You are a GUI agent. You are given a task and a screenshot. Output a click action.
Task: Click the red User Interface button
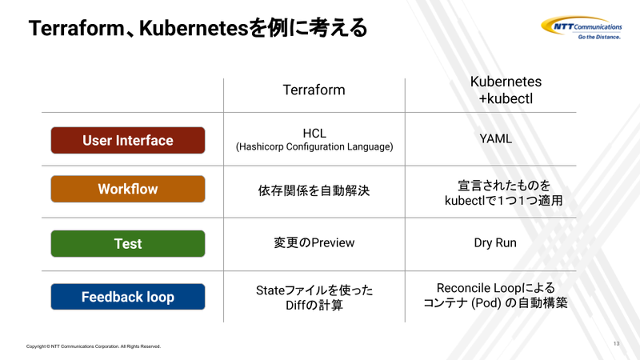[128, 141]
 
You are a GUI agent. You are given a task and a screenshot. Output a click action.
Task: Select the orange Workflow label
[128, 189]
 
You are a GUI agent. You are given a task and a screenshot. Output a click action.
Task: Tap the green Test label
[128, 244]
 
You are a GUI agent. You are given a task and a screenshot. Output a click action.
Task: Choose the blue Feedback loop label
[128, 297]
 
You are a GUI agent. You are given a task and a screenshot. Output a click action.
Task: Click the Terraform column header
[314, 90]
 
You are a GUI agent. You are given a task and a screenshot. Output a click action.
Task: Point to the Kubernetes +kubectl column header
[506, 90]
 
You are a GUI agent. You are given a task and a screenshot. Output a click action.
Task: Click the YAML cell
[495, 138]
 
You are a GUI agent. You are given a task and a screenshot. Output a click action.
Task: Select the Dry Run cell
[495, 243]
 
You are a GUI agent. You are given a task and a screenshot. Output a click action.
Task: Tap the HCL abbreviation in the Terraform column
[314, 134]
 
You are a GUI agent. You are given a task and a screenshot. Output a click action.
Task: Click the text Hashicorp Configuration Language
[314, 147]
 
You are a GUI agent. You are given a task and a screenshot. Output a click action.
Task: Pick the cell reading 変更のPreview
[314, 243]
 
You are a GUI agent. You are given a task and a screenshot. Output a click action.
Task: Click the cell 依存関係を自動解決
[314, 190]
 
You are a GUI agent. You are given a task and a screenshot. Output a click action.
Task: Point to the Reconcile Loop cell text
[495, 295]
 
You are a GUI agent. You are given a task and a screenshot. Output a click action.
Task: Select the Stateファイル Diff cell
[314, 298]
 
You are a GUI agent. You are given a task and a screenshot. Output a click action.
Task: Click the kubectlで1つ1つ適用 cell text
[504, 201]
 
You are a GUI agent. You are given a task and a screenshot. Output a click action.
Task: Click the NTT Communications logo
[582, 28]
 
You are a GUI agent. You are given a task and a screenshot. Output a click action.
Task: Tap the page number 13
[616, 344]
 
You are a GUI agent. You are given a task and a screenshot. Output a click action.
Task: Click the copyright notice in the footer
[94, 346]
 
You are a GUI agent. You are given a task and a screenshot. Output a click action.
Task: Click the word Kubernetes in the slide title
[194, 28]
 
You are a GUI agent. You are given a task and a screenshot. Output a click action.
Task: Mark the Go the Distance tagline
[599, 37]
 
